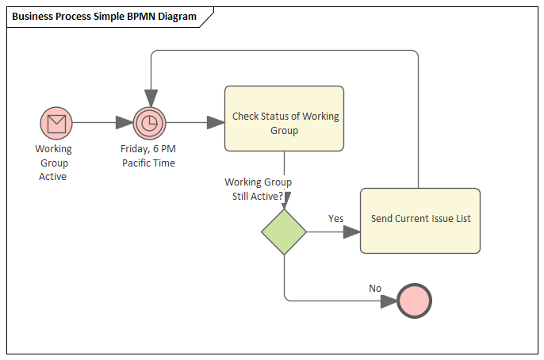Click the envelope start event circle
coord(56,123)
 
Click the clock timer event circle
coord(148,123)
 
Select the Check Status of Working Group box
coord(284,118)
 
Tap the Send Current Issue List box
coord(419,220)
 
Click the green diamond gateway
coord(284,232)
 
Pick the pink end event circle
coord(415,301)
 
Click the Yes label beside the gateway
coord(335,218)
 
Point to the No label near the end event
coord(375,288)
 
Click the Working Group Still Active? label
coord(258,189)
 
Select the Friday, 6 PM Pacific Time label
coord(148,155)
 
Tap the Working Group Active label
coord(53,163)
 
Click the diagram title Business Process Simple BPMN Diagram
coord(104,17)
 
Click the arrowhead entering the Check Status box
coord(216,123)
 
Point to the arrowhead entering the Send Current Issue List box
coord(351,232)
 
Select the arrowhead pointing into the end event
coord(389,301)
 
